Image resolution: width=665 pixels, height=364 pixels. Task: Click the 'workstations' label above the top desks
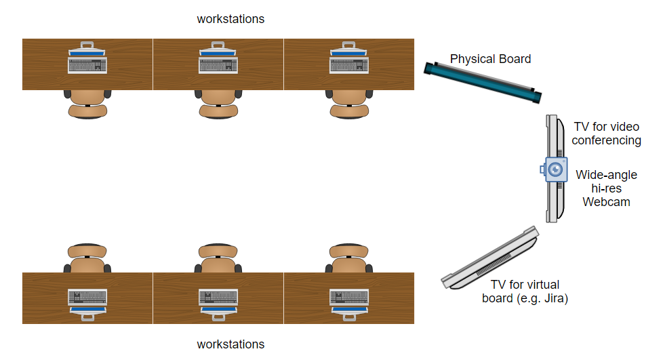click(x=230, y=19)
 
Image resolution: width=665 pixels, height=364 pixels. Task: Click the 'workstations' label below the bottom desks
click(x=230, y=344)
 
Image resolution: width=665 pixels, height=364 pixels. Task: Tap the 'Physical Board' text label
click(x=490, y=59)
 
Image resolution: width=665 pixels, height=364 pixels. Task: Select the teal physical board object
click(x=483, y=82)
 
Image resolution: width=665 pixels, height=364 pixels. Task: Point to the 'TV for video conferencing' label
click(x=606, y=134)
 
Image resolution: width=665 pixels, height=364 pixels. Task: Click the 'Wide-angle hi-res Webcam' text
click(x=607, y=188)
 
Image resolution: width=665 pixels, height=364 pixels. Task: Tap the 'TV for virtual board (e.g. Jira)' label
click(x=524, y=291)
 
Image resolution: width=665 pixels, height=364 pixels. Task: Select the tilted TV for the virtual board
click(x=490, y=258)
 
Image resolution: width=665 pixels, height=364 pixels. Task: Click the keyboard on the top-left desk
click(x=88, y=65)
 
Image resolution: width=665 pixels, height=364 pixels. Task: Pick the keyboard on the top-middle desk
click(x=219, y=65)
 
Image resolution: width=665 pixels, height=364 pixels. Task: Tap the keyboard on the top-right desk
click(x=350, y=65)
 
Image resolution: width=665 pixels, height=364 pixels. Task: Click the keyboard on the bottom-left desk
click(x=88, y=297)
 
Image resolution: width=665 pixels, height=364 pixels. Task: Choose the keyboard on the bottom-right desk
click(x=350, y=297)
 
